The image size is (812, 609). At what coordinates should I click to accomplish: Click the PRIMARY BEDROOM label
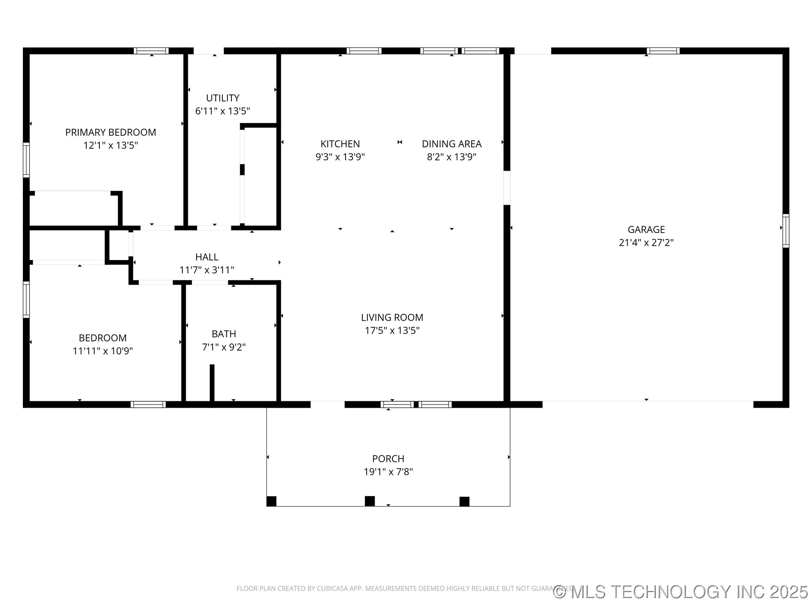click(110, 132)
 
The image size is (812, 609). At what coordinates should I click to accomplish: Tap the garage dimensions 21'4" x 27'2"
click(646, 243)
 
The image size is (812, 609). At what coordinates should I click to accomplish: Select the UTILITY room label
click(222, 98)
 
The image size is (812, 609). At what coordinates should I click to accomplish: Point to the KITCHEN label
click(340, 144)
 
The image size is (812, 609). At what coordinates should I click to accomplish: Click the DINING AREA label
click(451, 144)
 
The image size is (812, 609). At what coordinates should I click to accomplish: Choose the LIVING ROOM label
click(392, 318)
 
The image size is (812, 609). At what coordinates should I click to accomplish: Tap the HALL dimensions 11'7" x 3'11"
click(207, 270)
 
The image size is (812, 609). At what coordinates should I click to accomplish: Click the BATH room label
click(224, 334)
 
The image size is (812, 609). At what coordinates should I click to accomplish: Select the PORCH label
click(388, 459)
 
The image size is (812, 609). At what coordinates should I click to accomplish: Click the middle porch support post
click(370, 501)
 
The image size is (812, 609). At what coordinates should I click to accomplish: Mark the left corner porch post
click(272, 502)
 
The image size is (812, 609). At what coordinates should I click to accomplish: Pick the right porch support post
click(464, 502)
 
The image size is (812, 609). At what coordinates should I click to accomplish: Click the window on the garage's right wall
click(785, 231)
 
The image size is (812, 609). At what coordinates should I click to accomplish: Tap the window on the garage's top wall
click(663, 51)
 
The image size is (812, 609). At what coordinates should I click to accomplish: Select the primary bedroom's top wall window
click(151, 51)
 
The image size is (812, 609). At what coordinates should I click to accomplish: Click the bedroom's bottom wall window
click(148, 404)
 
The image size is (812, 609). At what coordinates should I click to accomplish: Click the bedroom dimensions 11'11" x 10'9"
click(103, 351)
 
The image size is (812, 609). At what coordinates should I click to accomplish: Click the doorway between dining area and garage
click(507, 188)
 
